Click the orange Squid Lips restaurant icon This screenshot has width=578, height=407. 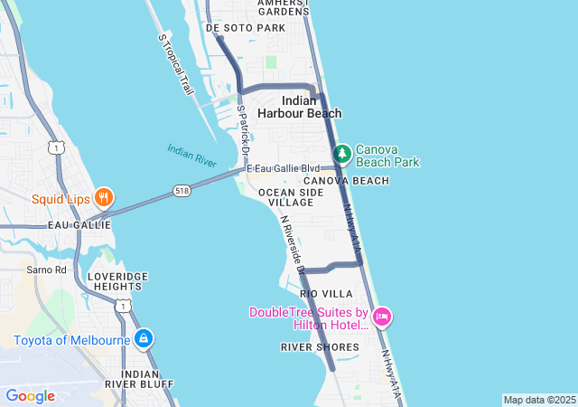[x=104, y=196]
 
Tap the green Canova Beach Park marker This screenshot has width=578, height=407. [x=342, y=155]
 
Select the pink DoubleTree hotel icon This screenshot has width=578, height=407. [x=382, y=316]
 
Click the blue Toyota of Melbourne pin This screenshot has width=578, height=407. [x=143, y=339]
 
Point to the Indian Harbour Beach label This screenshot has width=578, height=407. [x=299, y=107]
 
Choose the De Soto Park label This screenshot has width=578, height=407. [x=246, y=28]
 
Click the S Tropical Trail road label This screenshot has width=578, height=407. [x=176, y=65]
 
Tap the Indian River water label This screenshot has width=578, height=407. [x=191, y=155]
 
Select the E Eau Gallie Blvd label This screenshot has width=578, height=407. [x=284, y=168]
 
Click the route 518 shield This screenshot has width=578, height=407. [x=183, y=191]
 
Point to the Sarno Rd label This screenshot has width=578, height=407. [x=47, y=270]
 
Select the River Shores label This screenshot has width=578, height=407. [x=320, y=346]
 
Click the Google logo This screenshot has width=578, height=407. [x=30, y=396]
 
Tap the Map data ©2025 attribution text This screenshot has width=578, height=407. [x=539, y=400]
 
